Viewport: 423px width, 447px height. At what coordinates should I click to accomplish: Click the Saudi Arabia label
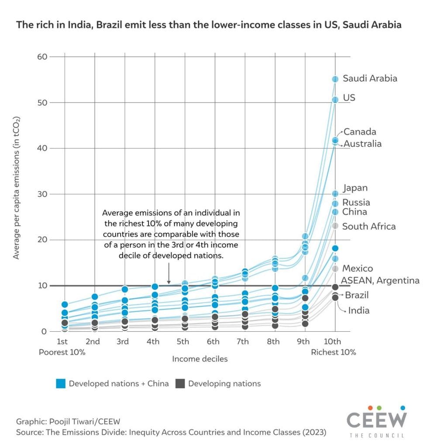pyautogui.click(x=370, y=79)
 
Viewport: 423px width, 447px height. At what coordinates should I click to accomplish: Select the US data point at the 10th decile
pyautogui.click(x=335, y=100)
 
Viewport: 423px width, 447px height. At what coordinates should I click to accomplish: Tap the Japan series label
pyautogui.click(x=355, y=188)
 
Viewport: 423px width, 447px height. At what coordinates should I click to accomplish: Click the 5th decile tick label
pyautogui.click(x=183, y=341)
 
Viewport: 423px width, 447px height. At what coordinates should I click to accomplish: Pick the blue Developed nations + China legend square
pyautogui.click(x=61, y=384)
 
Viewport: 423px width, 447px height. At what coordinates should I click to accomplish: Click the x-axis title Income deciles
pyautogui.click(x=200, y=359)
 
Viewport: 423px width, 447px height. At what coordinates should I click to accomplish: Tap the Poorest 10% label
pyautogui.click(x=62, y=352)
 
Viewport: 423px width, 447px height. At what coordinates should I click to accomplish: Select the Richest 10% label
pyautogui.click(x=334, y=352)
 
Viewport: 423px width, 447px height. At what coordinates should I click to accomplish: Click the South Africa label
pyautogui.click(x=369, y=226)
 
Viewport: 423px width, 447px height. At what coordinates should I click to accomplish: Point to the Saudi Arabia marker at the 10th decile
pyautogui.click(x=335, y=79)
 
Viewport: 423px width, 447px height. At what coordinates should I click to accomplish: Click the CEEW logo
pyautogui.click(x=376, y=421)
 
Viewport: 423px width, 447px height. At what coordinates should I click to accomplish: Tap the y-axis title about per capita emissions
pyautogui.click(x=17, y=188)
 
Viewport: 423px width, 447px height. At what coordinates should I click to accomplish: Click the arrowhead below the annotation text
pyautogui.click(x=169, y=282)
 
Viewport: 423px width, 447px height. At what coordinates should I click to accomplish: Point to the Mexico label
pyautogui.click(x=358, y=268)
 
